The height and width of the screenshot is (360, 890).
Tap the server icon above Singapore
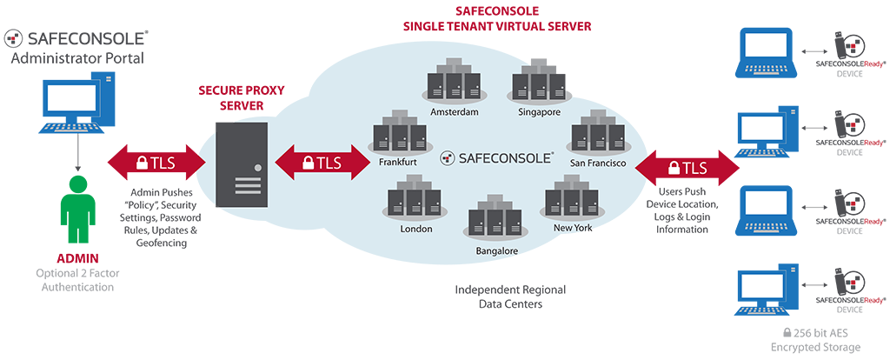pyautogui.click(x=534, y=82)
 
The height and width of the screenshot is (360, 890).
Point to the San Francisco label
pyautogui.click(x=599, y=163)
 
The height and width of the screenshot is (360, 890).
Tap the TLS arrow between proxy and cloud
pyautogui.click(x=322, y=162)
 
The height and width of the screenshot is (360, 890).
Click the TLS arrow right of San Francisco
pyautogui.click(x=687, y=165)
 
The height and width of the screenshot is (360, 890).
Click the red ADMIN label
pyautogui.click(x=77, y=259)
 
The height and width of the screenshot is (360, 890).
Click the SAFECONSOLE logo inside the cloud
pyautogui.click(x=496, y=157)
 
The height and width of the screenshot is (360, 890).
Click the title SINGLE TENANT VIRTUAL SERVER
pyautogui.click(x=497, y=27)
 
